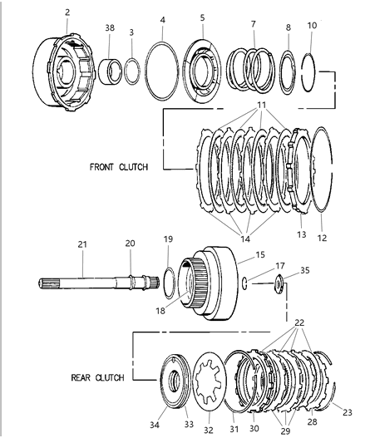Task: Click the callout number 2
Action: tap(67, 13)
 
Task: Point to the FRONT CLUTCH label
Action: tap(118, 166)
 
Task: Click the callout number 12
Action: tap(321, 238)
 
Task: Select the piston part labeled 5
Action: tap(201, 70)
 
